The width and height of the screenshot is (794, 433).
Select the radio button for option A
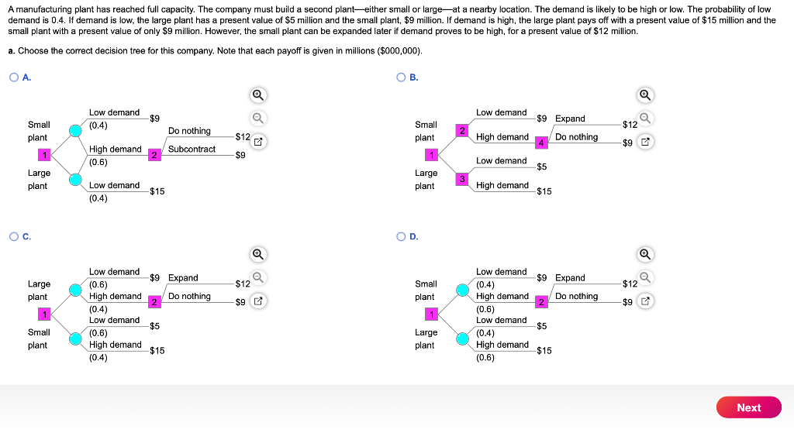tap(14, 77)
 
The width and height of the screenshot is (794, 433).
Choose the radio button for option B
tap(401, 77)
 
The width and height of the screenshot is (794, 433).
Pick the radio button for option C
tap(14, 237)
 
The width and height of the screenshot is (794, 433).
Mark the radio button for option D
tap(401, 237)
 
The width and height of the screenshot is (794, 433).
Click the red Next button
tap(748, 407)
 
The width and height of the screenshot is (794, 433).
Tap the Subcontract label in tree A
tap(192, 149)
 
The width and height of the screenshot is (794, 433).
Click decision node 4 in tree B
tap(540, 143)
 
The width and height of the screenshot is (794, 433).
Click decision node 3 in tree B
tap(462, 179)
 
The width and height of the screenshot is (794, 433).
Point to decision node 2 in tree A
tap(154, 155)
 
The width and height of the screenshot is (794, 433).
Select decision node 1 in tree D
tap(431, 314)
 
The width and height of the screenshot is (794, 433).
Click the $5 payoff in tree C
tap(154, 326)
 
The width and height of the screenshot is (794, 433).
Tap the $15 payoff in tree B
tap(544, 191)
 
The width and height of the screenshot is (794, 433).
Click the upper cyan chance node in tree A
tap(75, 130)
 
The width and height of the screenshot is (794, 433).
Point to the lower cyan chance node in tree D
tap(462, 339)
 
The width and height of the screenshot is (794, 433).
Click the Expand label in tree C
tap(183, 278)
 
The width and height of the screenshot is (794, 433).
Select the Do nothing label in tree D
tap(576, 296)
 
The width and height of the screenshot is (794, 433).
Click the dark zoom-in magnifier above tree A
tap(257, 95)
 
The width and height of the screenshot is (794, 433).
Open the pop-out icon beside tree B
tap(645, 142)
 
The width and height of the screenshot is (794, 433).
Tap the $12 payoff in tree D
tap(630, 284)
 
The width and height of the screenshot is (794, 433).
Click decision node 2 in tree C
tap(154, 302)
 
